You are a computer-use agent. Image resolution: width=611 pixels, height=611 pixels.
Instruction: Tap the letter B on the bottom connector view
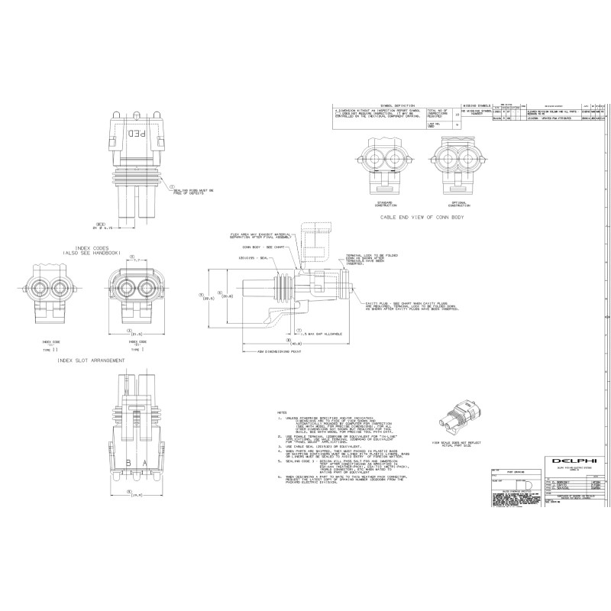128,463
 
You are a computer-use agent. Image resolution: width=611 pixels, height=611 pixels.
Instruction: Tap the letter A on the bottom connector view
145,463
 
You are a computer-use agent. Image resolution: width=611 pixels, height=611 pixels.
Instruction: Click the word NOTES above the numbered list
283,411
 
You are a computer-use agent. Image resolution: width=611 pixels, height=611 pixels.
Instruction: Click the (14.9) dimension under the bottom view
134,495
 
